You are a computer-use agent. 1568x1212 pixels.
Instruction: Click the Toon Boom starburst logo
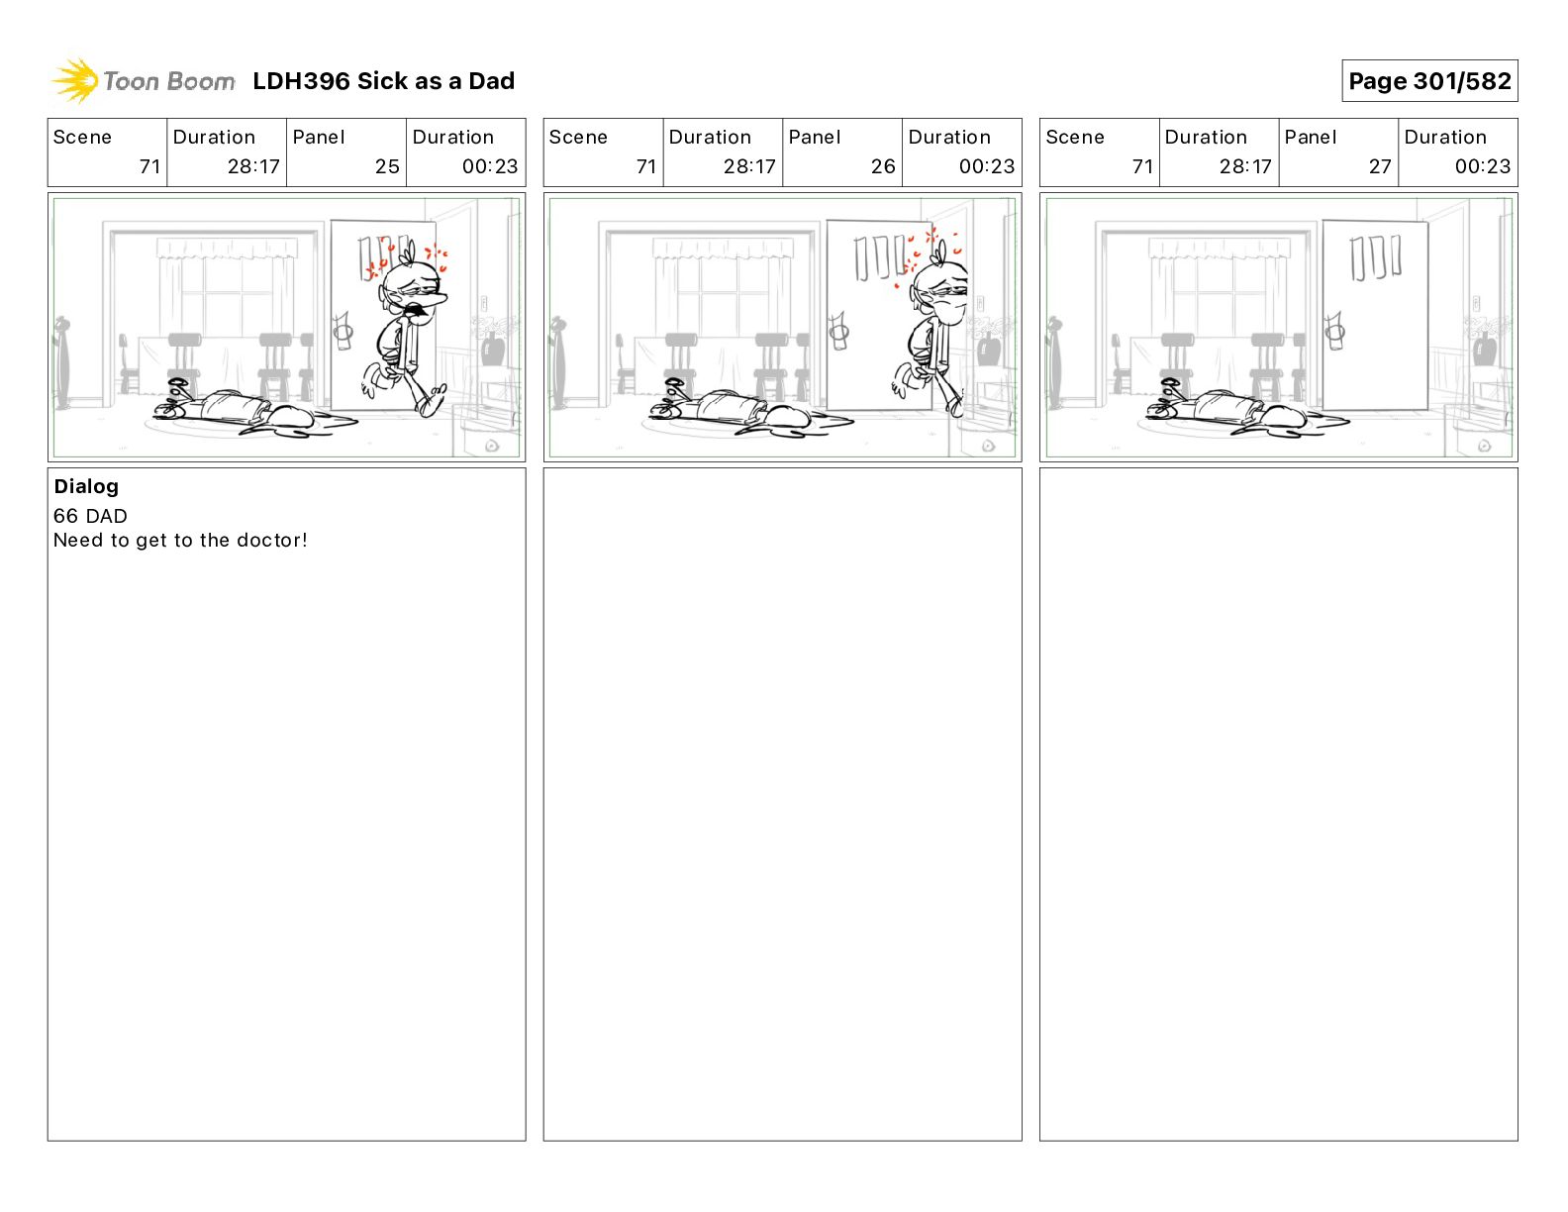click(75, 80)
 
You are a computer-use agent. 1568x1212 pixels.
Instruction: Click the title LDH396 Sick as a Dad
click(383, 81)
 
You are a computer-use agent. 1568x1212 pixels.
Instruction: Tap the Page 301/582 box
click(1428, 81)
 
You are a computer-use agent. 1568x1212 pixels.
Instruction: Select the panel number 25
click(387, 166)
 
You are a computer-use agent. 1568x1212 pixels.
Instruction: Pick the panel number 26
click(883, 166)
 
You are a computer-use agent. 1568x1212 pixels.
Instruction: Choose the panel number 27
click(1379, 166)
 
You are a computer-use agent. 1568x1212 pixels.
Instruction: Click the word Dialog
click(86, 486)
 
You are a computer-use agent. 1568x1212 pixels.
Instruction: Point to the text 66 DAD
click(90, 516)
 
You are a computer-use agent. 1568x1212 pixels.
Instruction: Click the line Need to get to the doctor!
click(180, 540)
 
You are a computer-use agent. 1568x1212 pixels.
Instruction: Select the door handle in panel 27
click(1334, 332)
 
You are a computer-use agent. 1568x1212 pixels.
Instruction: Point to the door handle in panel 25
click(343, 332)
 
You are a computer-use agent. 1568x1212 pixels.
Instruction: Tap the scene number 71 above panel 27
click(1142, 166)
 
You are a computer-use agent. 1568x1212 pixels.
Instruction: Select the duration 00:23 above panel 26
click(986, 166)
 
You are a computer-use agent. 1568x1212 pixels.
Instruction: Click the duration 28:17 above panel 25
click(253, 166)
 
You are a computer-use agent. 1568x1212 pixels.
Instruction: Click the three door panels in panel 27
click(1375, 257)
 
